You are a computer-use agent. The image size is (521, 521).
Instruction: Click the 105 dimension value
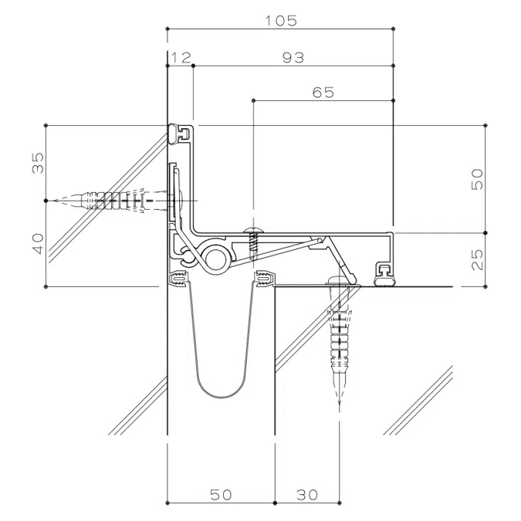pyautogui.click(x=280, y=21)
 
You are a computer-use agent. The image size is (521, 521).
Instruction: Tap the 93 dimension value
pyautogui.click(x=293, y=58)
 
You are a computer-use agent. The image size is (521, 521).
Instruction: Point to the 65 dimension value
pyautogui.click(x=323, y=93)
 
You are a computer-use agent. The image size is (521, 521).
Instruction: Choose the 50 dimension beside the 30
pyautogui.click(x=221, y=494)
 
